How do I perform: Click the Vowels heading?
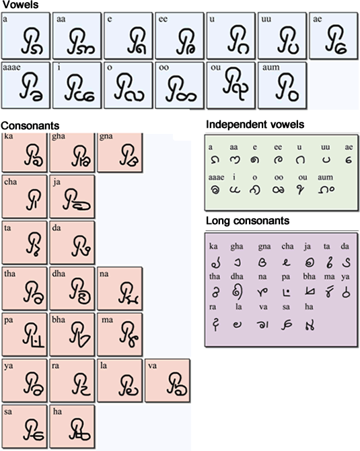point(20,5)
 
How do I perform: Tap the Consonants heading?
point(30,126)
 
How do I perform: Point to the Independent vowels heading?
point(255,125)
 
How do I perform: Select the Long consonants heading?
point(248,221)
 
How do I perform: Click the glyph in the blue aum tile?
point(287,88)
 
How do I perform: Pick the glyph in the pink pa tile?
point(34,335)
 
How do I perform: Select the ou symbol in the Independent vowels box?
point(301,190)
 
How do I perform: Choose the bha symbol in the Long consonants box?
point(310,292)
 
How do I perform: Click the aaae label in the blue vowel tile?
point(11,67)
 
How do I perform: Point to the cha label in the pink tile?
point(11,182)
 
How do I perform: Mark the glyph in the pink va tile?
point(177,384)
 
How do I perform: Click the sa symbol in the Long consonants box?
point(287,325)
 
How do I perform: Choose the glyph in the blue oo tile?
point(182,89)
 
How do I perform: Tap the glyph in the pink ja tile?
point(77,200)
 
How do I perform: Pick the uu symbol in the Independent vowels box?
point(326,160)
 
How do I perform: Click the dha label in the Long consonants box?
point(237,277)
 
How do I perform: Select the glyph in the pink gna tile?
point(129,155)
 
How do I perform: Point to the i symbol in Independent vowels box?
point(235,190)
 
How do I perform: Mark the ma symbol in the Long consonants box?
point(328,291)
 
